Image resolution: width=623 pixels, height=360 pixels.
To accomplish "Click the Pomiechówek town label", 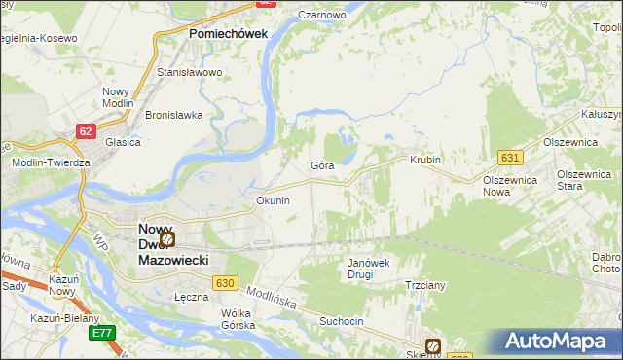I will [227, 33].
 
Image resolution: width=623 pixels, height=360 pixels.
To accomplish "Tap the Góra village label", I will [322, 165].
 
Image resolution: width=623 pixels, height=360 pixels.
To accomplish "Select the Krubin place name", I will [425, 160].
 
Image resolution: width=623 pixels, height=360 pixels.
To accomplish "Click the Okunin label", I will [273, 200].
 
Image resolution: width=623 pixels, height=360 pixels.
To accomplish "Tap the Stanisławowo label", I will [190, 72].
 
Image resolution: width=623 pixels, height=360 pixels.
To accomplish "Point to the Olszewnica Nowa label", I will [511, 186].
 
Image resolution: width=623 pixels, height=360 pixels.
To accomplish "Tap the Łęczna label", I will [192, 297].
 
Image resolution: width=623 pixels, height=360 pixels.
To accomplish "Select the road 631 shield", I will [509, 157].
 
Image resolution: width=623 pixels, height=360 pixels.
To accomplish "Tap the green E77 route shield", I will [100, 333].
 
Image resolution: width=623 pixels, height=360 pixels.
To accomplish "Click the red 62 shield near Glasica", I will [87, 130].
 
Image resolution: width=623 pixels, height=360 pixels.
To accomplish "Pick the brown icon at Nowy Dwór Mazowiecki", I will [167, 237].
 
